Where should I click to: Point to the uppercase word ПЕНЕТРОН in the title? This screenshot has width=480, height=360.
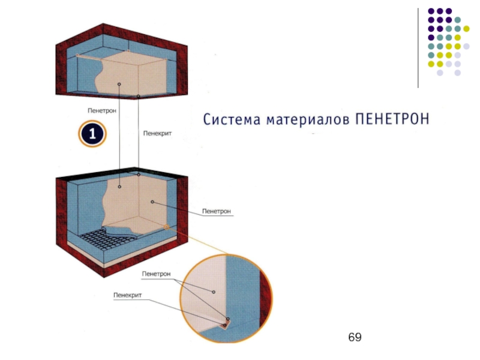[393, 119]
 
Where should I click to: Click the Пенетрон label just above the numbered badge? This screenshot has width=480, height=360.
[101, 110]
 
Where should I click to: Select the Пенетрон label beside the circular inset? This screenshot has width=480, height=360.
[156, 274]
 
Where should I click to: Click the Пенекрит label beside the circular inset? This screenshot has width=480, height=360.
[127, 295]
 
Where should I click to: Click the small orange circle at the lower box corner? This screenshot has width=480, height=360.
[166, 227]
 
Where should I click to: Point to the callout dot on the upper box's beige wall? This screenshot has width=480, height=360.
[119, 84]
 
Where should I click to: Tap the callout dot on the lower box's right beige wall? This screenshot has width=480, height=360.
[153, 202]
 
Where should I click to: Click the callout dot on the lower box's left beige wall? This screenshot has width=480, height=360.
[119, 186]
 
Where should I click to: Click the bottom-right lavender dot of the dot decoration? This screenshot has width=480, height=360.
[457, 72]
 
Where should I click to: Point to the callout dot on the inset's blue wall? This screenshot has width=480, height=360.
[213, 292]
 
